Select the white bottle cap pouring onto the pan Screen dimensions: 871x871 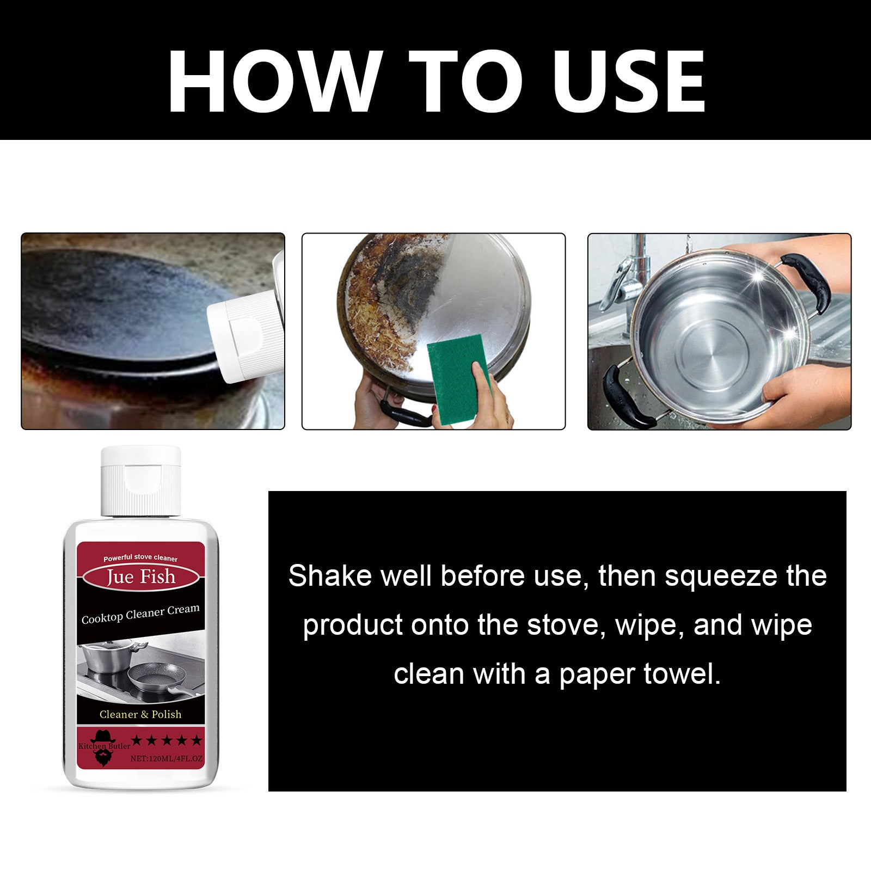point(245,338)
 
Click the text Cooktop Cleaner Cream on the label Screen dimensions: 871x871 point(140,614)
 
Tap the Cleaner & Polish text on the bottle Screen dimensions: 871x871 point(140,714)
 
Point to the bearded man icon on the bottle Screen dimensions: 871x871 point(102,749)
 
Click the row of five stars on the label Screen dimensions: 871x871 point(166,740)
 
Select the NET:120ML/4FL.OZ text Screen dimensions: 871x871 point(166,758)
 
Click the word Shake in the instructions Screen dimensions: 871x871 point(329,576)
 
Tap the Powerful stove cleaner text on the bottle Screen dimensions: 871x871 point(140,558)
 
